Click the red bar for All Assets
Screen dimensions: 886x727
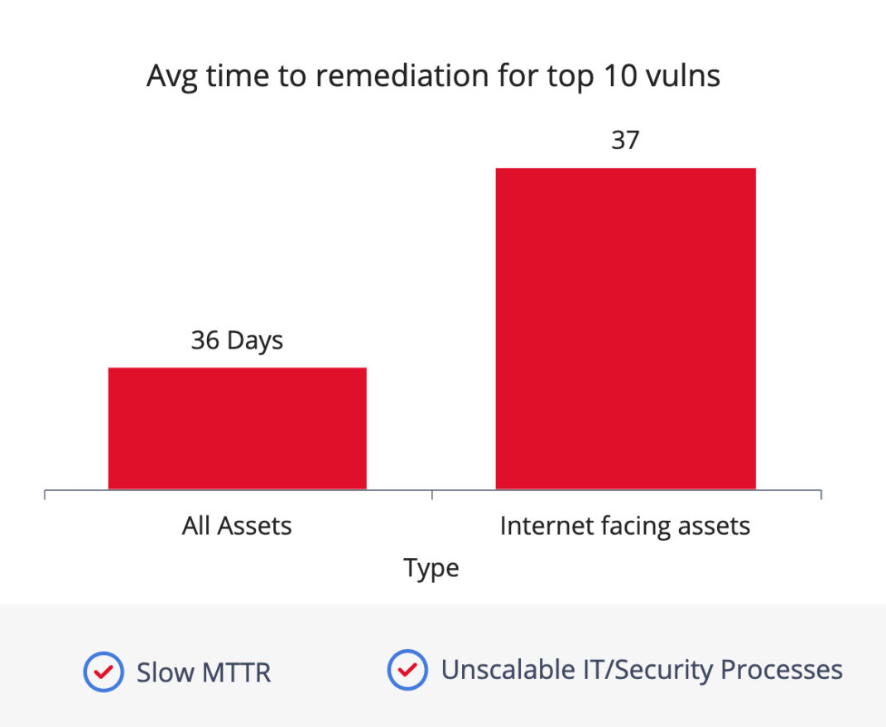(238, 428)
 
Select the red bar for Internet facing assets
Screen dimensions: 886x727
(625, 328)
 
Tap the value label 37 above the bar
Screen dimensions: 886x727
(625, 140)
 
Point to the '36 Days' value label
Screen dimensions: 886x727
(237, 341)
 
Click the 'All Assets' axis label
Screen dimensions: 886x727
(237, 526)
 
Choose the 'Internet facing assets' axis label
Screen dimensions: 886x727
(625, 527)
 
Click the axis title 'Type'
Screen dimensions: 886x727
(431, 569)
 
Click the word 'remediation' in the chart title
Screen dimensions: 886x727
(402, 75)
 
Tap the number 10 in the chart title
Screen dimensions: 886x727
(620, 75)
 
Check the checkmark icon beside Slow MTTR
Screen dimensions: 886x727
(104, 672)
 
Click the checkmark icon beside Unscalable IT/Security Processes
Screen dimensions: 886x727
(407, 670)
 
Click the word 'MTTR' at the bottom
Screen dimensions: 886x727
(236, 673)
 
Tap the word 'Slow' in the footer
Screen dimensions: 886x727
(165, 673)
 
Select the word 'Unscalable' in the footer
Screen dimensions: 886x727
(508, 670)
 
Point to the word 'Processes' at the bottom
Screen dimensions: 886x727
(782, 670)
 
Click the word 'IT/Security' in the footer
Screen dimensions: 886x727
(648, 671)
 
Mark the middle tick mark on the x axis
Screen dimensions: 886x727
(432, 495)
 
